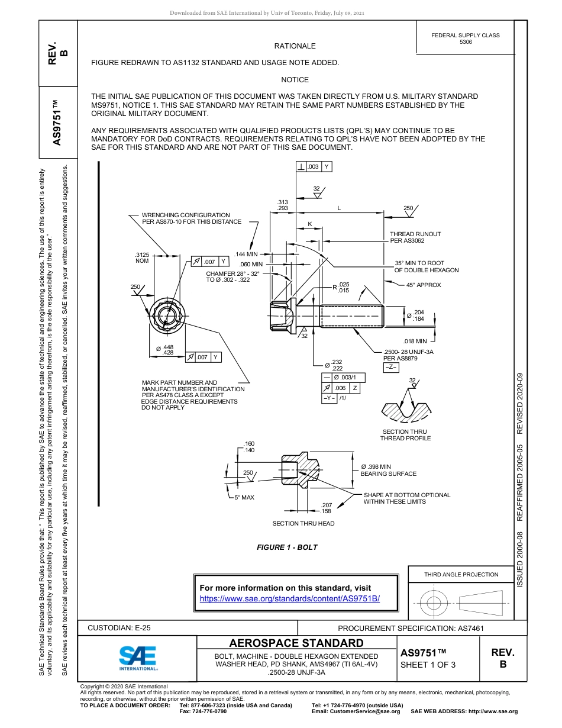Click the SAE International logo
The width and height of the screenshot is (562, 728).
[137, 658]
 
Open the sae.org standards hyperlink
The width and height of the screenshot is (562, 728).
[290, 598]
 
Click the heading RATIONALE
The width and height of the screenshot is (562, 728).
[295, 46]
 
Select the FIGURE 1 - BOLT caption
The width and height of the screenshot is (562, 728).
[287, 547]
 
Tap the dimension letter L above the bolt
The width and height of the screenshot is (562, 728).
[339, 208]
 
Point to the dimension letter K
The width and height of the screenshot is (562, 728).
[310, 224]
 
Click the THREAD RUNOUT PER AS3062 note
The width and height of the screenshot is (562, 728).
[415, 237]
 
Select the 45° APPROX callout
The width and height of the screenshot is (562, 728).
[424, 285]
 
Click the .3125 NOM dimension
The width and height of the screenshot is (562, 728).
[142, 258]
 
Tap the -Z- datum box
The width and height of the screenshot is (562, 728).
[391, 368]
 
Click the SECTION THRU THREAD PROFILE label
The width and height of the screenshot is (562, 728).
[405, 435]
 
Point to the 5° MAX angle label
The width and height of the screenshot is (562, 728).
[244, 497]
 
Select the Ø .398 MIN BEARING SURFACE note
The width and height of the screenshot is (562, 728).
[388, 471]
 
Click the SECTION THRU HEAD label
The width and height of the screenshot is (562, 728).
[303, 523]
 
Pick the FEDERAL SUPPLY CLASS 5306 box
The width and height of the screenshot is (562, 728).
[465, 38]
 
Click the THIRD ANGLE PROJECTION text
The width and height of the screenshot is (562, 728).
[461, 574]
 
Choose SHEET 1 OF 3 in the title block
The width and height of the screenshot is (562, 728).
[428, 665]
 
